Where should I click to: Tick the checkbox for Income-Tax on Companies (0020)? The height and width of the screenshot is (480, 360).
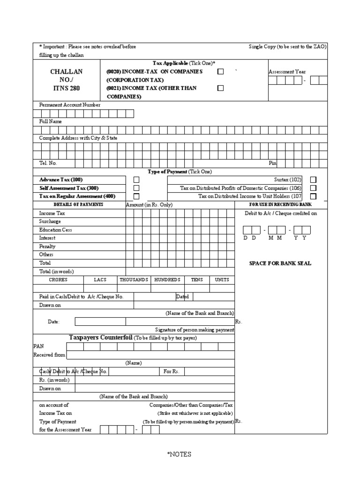(x=221, y=72)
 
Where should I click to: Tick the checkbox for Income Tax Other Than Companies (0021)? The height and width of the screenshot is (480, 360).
(x=221, y=88)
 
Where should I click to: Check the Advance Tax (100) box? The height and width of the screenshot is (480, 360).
(x=136, y=180)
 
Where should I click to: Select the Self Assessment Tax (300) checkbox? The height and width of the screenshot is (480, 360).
(x=136, y=188)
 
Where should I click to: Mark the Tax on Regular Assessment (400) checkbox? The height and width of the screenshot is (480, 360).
(x=136, y=196)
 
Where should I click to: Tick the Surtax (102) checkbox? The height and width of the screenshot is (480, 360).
(x=313, y=180)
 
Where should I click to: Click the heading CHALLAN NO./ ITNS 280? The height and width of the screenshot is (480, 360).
(x=66, y=80)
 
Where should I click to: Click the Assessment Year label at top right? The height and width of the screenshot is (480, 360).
(x=287, y=72)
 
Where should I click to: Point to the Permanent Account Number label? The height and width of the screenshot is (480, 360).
(x=69, y=105)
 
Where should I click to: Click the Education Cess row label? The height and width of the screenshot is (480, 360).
(x=55, y=230)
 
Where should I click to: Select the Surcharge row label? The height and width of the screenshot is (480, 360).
(x=50, y=221)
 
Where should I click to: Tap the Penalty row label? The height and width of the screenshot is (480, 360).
(x=47, y=246)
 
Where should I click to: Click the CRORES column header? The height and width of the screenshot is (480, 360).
(x=58, y=280)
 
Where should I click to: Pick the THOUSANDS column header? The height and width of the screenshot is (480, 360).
(x=134, y=280)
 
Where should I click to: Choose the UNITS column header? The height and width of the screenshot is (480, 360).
(x=222, y=280)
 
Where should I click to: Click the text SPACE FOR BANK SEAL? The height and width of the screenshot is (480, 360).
(x=280, y=263)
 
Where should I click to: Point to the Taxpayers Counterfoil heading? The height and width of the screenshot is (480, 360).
(x=101, y=337)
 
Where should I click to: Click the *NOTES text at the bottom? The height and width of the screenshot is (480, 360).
(x=180, y=454)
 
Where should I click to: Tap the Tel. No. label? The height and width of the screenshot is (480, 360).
(x=48, y=163)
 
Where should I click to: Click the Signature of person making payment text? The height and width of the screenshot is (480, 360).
(x=195, y=330)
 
